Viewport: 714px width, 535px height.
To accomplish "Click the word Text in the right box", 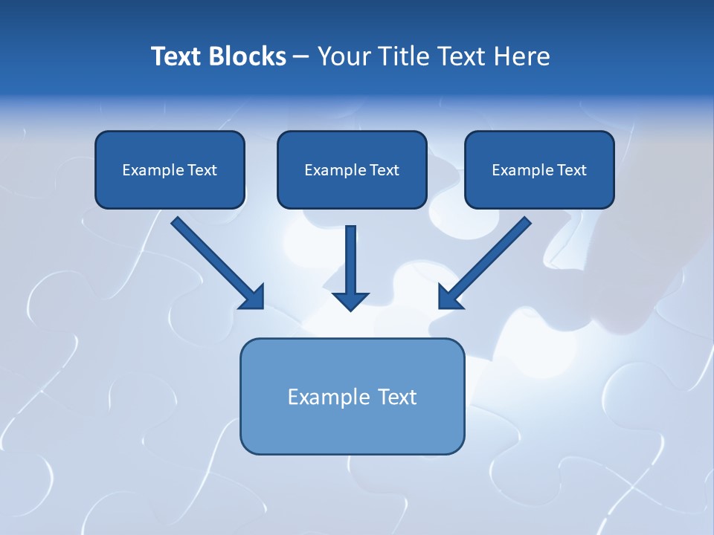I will tap(572, 170).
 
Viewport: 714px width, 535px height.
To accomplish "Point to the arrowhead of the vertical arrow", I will tap(350, 301).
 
